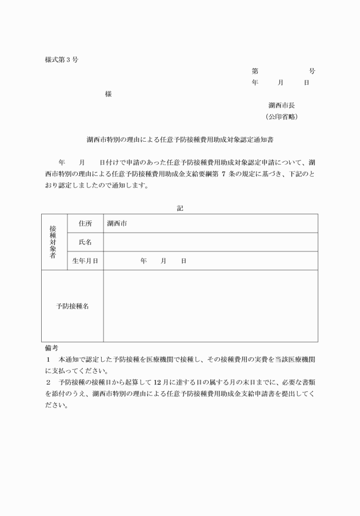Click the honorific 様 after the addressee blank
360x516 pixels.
tap(108, 94)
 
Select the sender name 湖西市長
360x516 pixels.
tap(281, 105)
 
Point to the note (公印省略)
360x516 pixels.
tap(281, 117)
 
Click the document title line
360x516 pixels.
tap(180, 139)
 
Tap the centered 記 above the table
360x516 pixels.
tap(180, 209)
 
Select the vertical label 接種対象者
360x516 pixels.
tap(53, 242)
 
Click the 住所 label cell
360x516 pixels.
tap(85, 223)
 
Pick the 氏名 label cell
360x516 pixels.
tap(85, 242)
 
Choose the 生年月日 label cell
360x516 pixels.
tap(85, 261)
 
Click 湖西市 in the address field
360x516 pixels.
tap(117, 223)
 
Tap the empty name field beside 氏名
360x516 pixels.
tap(210, 242)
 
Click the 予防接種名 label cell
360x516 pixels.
tap(72, 306)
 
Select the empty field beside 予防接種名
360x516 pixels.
tap(210, 306)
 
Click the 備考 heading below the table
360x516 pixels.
tap(51, 347)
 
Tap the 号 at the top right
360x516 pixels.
tap(312, 71)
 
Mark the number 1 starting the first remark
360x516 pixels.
tap(49, 360)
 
